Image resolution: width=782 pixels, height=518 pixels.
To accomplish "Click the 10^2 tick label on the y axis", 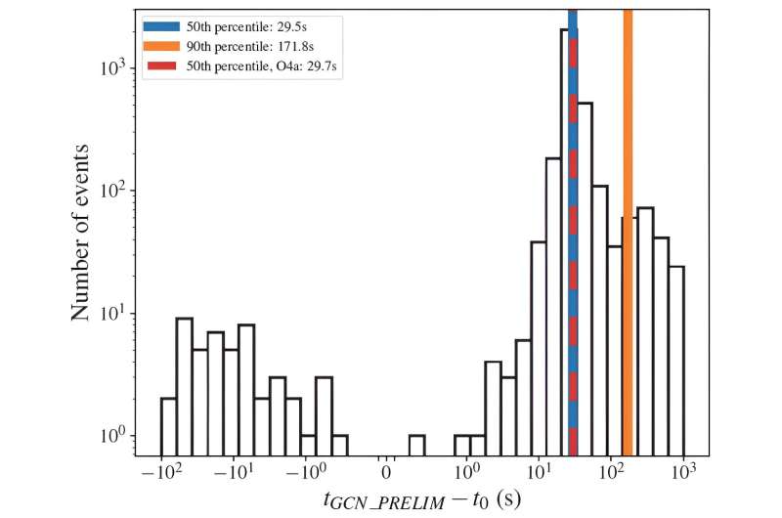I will pos(114,190).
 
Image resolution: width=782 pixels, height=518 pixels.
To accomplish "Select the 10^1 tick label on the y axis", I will pos(114,313).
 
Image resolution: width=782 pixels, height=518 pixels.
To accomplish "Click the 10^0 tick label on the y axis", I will pos(114,435).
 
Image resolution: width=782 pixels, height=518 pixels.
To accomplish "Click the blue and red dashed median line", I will pos(572,244).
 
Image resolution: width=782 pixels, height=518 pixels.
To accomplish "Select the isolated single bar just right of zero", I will pos(417,446).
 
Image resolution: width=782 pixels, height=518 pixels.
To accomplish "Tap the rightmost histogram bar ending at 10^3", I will pos(675,362).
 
